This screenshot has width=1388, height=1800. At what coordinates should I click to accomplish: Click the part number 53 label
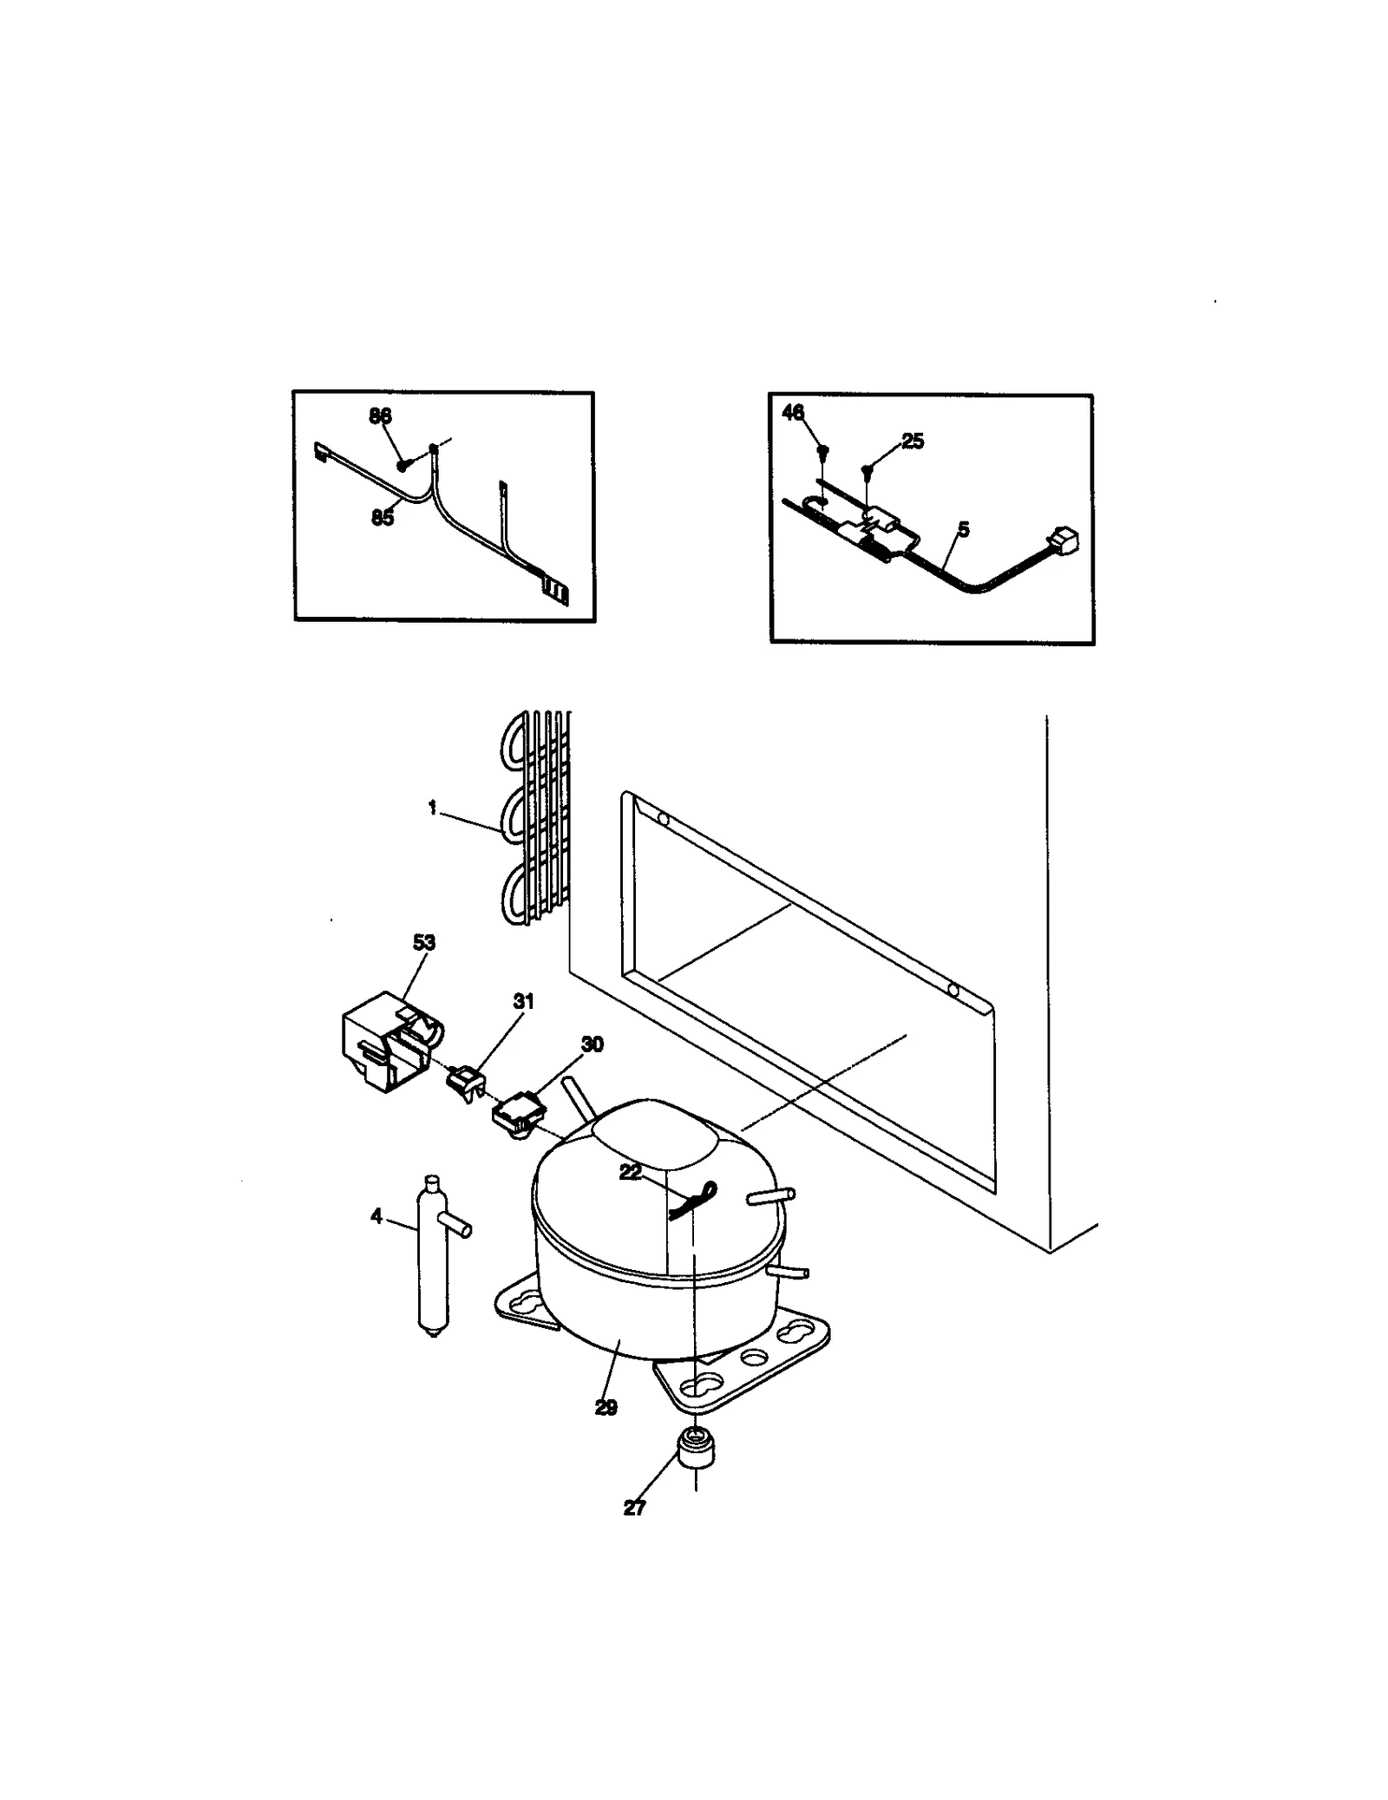point(423,942)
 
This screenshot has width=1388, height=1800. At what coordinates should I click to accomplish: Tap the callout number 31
point(523,1001)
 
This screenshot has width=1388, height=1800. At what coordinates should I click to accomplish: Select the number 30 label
point(592,1044)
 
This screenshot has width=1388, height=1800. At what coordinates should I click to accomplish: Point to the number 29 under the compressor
point(606,1409)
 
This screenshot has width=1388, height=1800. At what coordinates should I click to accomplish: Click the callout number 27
point(634,1509)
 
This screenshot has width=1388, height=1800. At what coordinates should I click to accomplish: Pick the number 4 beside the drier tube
point(376,1216)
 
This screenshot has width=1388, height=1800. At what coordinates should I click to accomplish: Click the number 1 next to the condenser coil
point(432,808)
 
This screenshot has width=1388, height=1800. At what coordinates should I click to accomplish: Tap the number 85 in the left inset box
point(382,518)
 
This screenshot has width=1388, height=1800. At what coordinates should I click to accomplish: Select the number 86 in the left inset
point(380,416)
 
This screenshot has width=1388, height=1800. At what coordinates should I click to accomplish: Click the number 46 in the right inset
point(793,413)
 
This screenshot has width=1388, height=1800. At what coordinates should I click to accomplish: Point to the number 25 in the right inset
point(913,442)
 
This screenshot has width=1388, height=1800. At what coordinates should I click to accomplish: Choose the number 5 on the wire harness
point(963,529)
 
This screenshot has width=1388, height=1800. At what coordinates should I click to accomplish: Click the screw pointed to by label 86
point(403,466)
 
